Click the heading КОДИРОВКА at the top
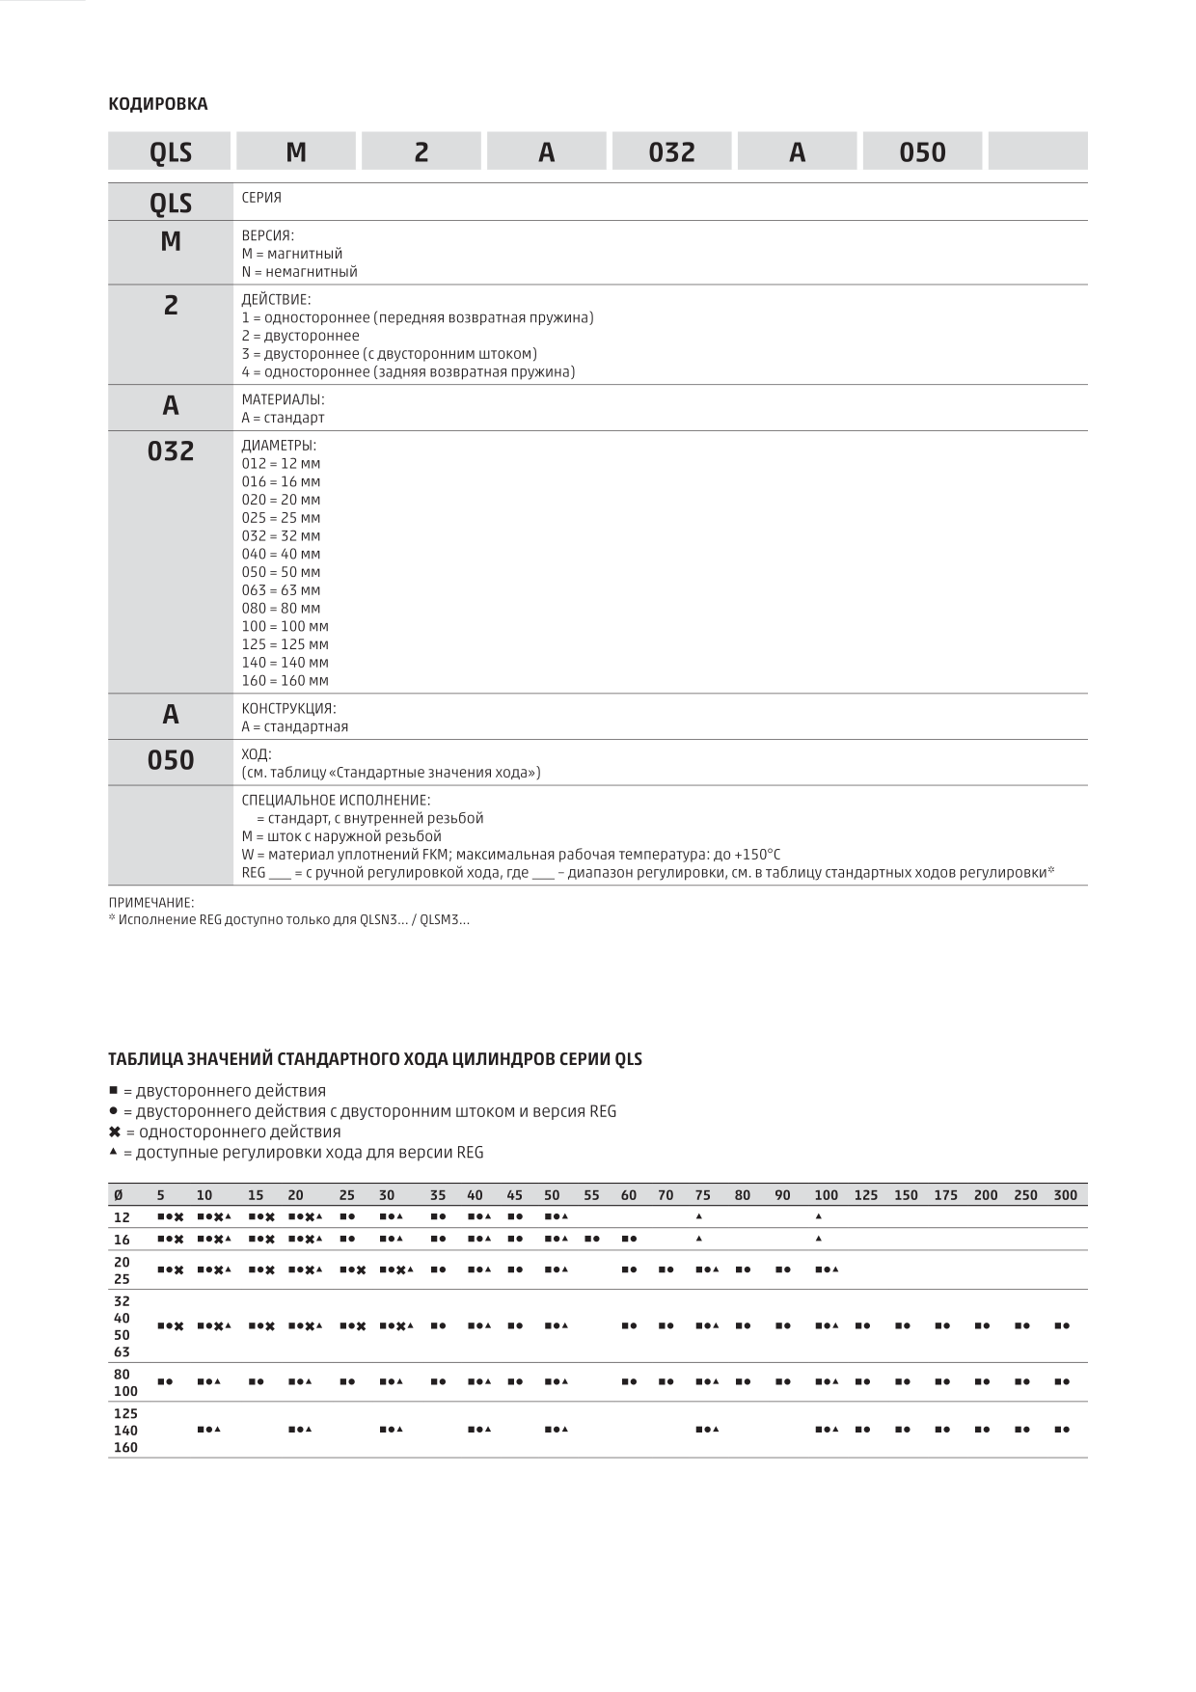coord(157,104)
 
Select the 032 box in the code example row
coord(671,152)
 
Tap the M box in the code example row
coord(296,152)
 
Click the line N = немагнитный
coord(299,272)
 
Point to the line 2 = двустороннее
coord(300,336)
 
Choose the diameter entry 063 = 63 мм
coord(281,590)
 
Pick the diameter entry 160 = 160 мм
coord(285,681)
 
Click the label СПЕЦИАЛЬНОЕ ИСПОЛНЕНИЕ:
coord(336,801)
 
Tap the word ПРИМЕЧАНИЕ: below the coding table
coord(151,903)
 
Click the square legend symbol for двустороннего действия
coord(114,1091)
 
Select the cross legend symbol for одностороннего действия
coord(115,1133)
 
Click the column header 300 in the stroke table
coord(1065,1195)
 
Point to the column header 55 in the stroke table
coord(591,1195)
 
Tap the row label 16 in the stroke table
coord(122,1240)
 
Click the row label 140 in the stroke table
coord(125,1431)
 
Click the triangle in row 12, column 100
coord(819,1216)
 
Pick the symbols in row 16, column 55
coord(592,1240)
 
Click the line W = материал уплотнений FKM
coord(510,855)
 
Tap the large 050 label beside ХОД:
coord(171,761)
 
